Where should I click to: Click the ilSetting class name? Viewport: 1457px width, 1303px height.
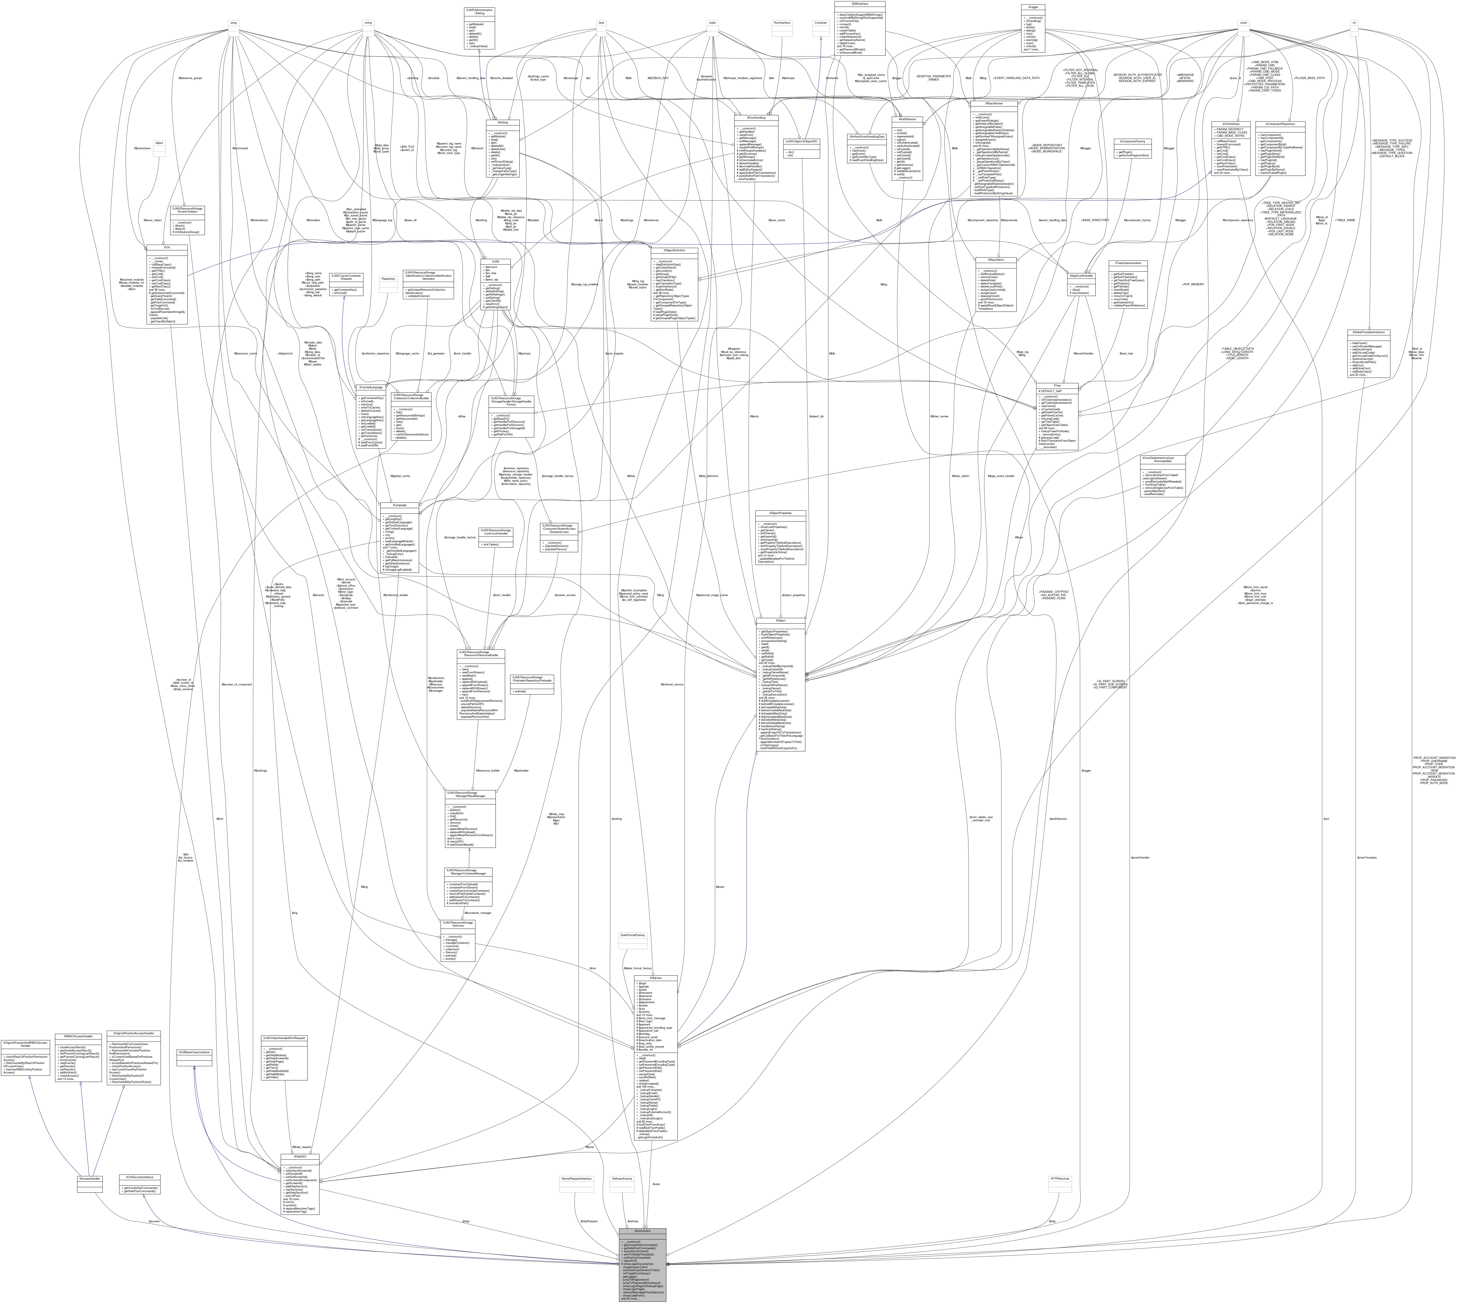pos(503,123)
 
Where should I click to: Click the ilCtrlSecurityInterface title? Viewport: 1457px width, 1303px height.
pos(140,1177)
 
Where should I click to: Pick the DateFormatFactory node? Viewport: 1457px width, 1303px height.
pos(633,936)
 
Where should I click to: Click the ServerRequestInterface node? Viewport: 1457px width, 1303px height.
pos(576,1178)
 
